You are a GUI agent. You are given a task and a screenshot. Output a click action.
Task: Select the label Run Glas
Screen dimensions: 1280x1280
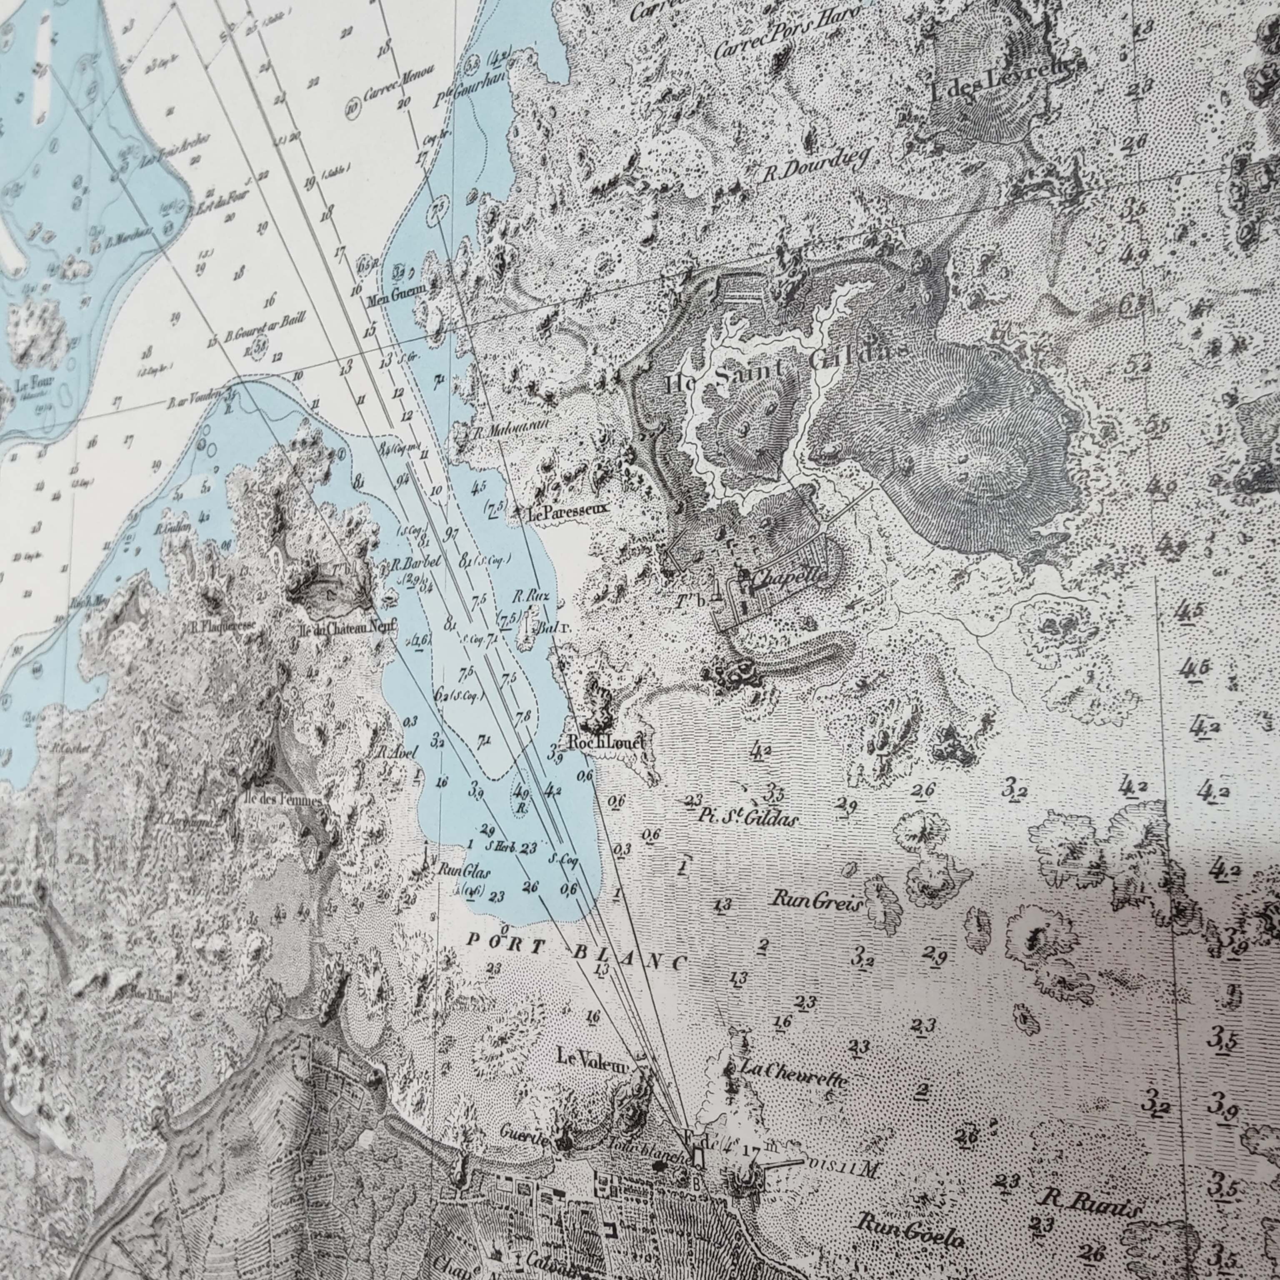pos(463,871)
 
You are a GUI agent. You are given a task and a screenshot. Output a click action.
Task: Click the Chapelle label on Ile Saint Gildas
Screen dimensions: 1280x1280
pos(788,578)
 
